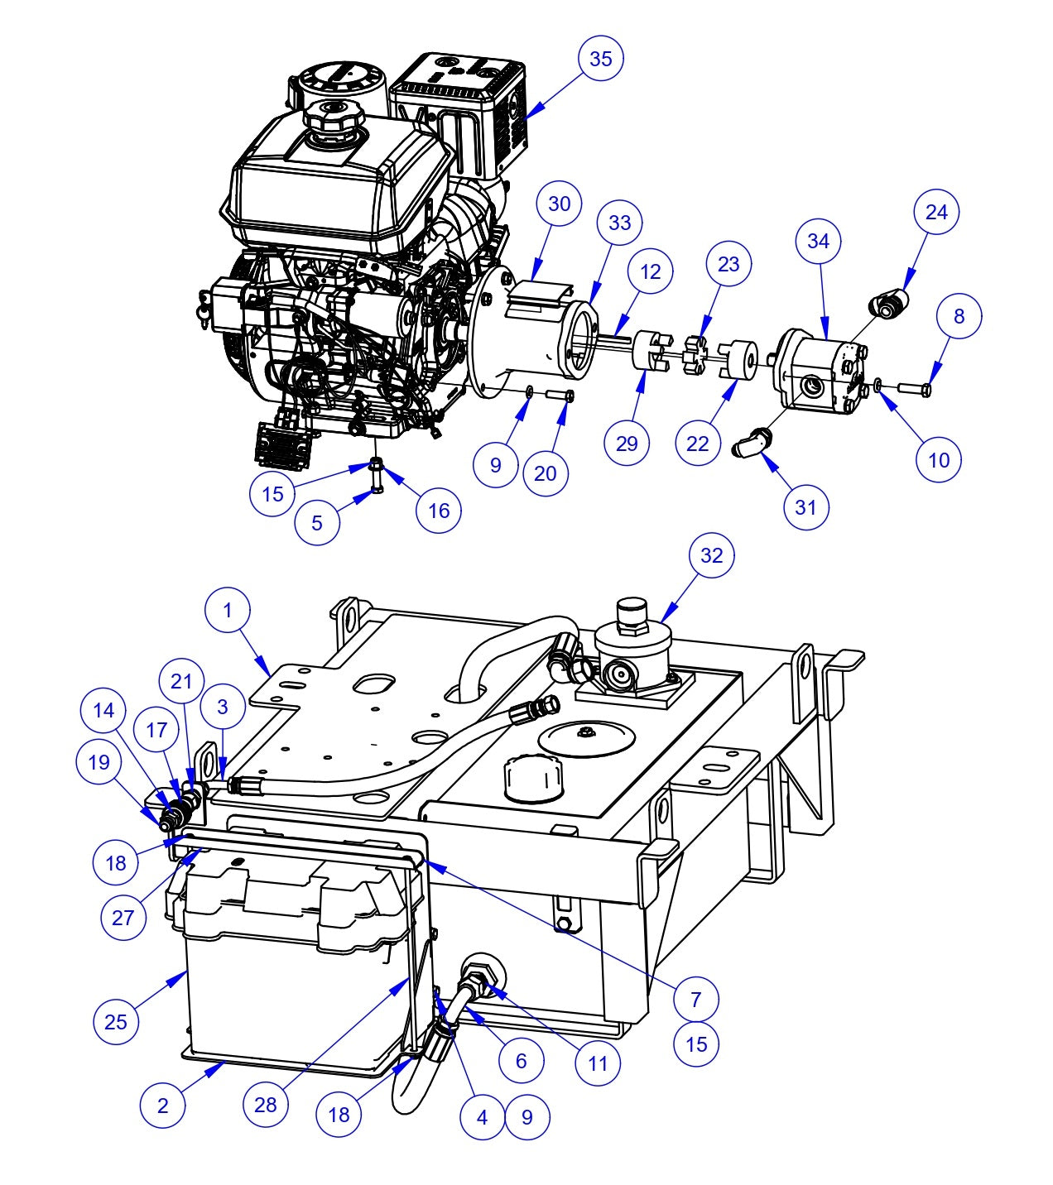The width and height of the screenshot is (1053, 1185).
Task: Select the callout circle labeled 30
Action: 560,204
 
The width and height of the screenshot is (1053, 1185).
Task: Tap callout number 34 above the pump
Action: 818,241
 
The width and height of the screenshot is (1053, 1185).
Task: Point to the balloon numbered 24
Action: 935,213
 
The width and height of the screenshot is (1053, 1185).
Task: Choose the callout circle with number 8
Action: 959,316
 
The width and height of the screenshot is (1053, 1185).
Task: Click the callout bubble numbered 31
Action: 805,506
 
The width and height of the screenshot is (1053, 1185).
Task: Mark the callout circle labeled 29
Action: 627,444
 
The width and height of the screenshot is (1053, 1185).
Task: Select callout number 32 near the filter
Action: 712,555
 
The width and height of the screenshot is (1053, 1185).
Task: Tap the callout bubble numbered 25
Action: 116,1021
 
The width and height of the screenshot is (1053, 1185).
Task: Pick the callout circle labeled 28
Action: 266,1105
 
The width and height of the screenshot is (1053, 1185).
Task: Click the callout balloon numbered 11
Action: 598,1063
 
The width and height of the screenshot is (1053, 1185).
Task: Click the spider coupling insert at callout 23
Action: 694,355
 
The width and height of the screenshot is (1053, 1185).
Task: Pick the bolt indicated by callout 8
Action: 913,387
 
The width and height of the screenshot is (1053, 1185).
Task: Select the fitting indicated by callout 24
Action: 891,304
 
